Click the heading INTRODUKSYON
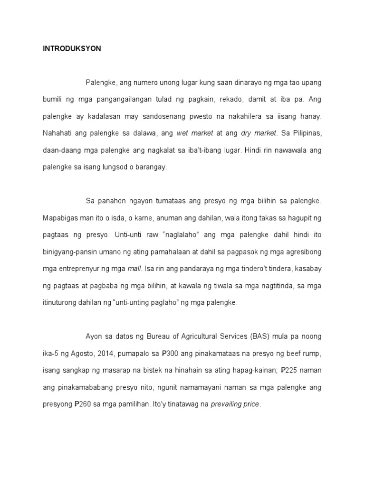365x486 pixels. pos(69,49)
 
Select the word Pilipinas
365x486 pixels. pos(306,133)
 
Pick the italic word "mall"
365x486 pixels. pos(134,269)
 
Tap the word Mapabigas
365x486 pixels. pos(58,218)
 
